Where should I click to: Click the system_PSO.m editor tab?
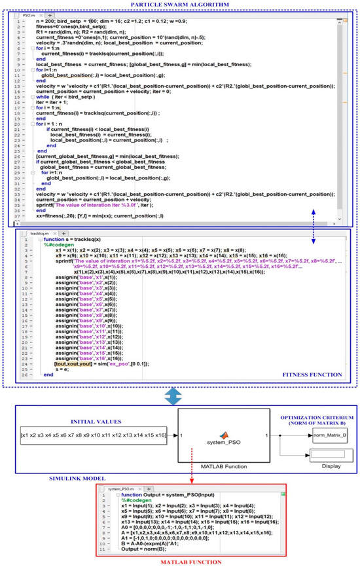121,487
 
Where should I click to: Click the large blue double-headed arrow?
179,396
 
